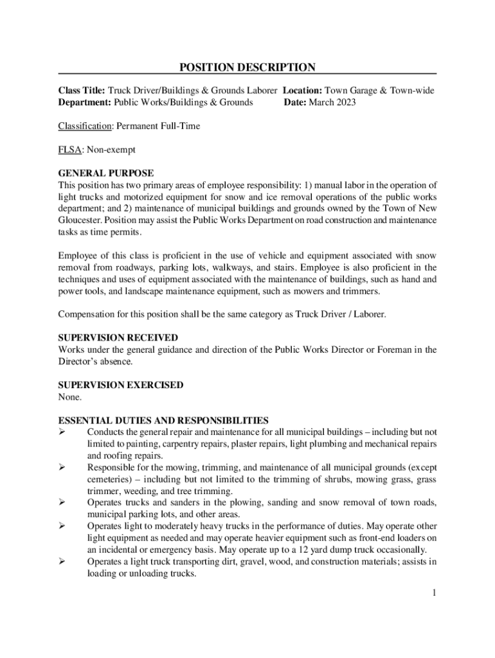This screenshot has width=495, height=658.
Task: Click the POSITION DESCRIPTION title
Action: coord(247,67)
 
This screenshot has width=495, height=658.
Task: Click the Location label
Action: coord(303,91)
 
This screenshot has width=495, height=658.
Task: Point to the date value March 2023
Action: coord(332,102)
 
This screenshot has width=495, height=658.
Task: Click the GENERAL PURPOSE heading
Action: coord(105,173)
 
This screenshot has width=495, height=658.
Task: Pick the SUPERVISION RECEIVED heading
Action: coord(118,337)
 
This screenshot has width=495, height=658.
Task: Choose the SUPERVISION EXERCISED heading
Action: coord(121,385)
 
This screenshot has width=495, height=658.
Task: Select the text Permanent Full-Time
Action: coord(158,126)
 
